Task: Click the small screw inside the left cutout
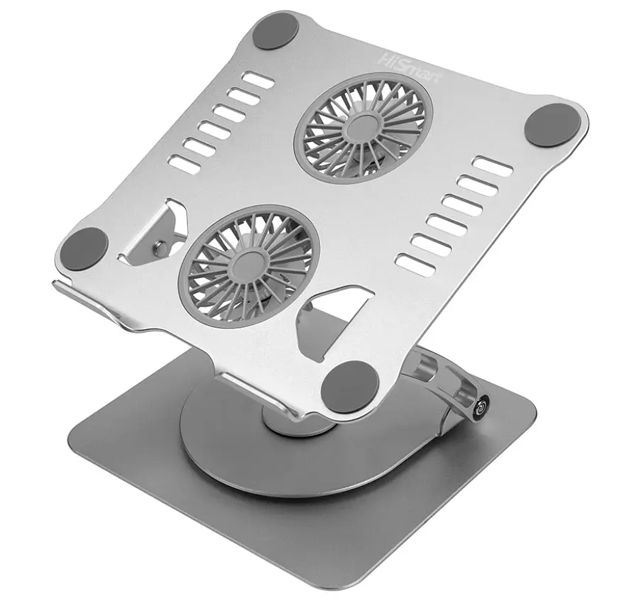point(160,248)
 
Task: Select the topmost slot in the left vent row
point(258,80)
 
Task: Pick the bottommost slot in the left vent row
point(185,165)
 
